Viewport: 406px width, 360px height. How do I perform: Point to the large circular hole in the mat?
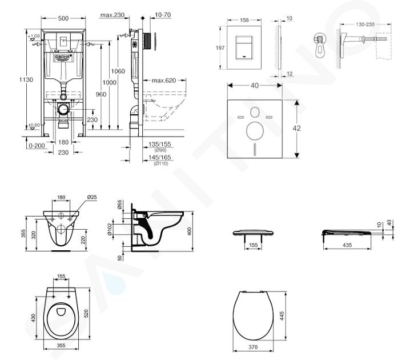tap(255, 132)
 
